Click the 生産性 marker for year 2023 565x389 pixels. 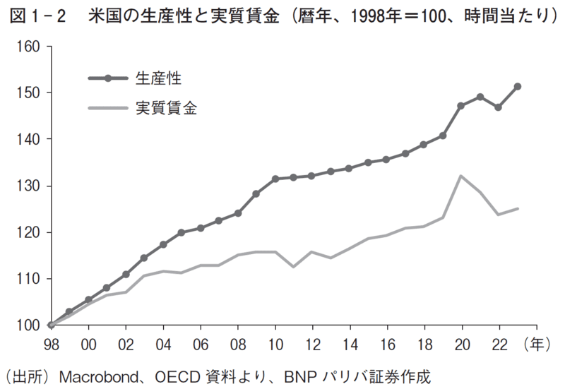(518, 86)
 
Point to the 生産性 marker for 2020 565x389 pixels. (462, 105)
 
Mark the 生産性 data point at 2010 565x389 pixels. (275, 179)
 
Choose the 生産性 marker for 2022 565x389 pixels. (499, 107)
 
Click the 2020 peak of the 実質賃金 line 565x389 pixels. (462, 176)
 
